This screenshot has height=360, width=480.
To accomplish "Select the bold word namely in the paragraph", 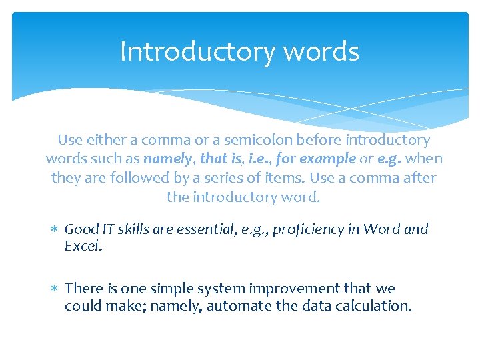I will [x=166, y=159].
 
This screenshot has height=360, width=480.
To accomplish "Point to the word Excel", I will [x=83, y=246].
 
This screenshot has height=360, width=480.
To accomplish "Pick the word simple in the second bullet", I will [x=161, y=289].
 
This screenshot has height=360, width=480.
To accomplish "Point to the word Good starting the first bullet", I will [x=81, y=229].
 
